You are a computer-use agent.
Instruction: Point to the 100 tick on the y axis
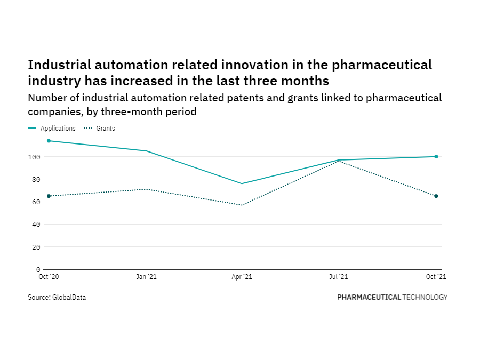click(35, 157)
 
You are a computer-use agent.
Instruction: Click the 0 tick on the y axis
click(38, 269)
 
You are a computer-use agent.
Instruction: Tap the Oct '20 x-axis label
click(49, 277)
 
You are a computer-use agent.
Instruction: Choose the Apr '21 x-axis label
click(242, 277)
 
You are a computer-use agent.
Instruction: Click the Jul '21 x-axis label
click(339, 277)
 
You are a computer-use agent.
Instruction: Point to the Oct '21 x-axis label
click(436, 277)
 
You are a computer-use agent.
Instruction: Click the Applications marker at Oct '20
click(49, 141)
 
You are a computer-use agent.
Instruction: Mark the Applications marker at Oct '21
click(436, 157)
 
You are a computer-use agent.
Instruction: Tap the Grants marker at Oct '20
click(49, 196)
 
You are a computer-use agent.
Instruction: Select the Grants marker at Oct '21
click(436, 196)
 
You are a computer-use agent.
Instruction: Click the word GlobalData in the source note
click(69, 298)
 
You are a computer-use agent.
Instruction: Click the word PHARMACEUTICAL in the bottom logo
click(369, 297)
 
